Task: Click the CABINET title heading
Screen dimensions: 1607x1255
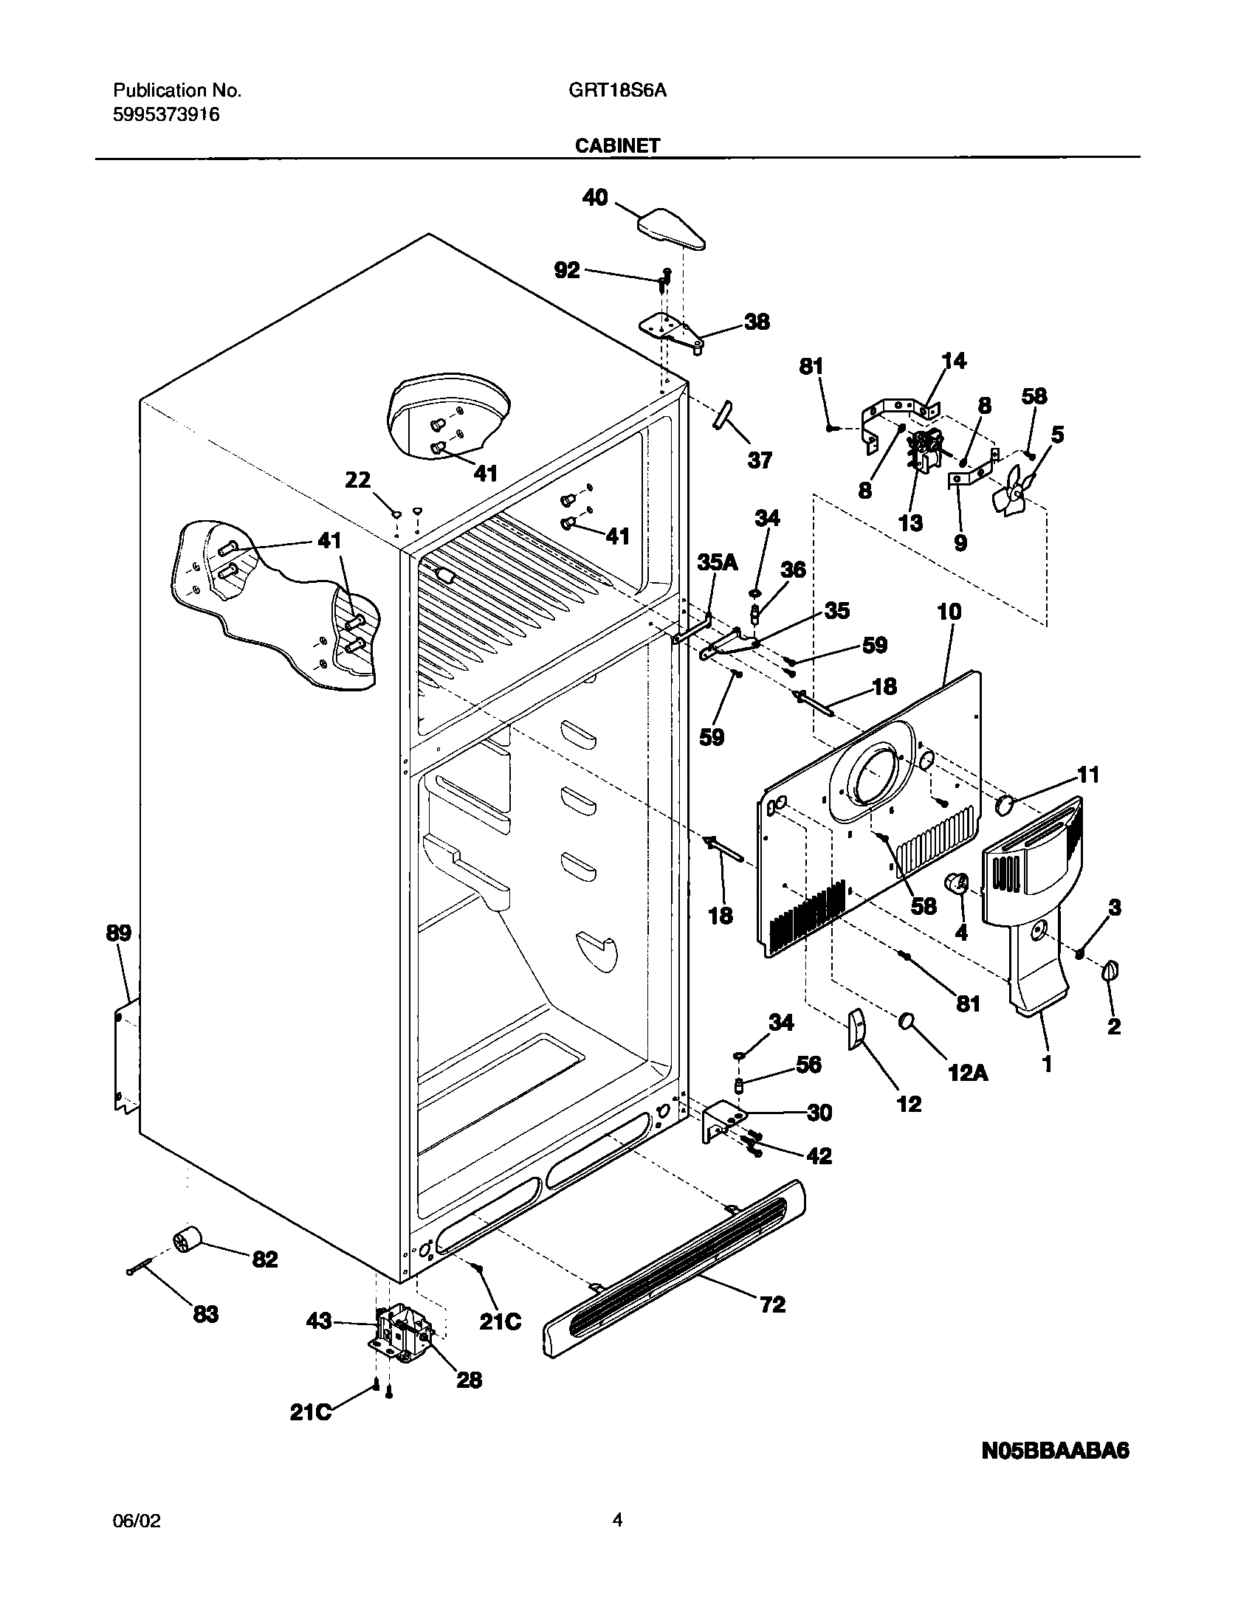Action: click(617, 145)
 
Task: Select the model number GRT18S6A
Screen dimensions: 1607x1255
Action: click(617, 91)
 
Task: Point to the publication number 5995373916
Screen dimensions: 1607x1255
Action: click(166, 114)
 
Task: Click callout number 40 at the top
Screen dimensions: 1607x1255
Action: click(595, 197)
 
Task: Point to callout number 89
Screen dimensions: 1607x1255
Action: click(118, 933)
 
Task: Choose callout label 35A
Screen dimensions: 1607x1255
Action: click(717, 562)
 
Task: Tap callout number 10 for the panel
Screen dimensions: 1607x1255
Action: click(949, 611)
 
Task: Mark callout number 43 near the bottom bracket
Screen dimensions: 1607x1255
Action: click(319, 1321)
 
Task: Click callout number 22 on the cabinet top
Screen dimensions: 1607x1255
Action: click(358, 480)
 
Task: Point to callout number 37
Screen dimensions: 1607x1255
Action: click(759, 460)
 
